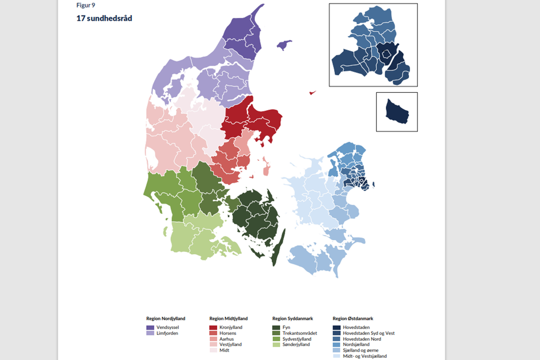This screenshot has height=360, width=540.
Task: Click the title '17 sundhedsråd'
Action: [x=104, y=18]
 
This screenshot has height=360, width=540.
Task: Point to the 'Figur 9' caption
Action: [x=85, y=5]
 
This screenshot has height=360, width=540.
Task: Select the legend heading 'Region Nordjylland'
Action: [x=165, y=318]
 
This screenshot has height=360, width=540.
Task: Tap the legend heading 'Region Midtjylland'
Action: [x=228, y=318]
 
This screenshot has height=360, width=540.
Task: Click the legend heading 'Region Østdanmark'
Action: [x=352, y=318]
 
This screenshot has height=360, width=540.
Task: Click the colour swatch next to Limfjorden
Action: [x=150, y=333]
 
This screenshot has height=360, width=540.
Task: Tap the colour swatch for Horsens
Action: [x=213, y=333]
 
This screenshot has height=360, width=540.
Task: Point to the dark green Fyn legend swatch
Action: [x=276, y=327]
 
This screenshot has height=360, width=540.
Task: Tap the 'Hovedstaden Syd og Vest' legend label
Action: [x=368, y=333]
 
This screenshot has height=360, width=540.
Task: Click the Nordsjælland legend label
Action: [x=356, y=344]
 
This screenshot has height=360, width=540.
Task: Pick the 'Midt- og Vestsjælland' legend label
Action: [x=364, y=356]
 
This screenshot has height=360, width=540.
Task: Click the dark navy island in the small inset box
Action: [x=397, y=112]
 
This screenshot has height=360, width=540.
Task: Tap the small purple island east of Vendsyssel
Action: [x=285, y=44]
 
